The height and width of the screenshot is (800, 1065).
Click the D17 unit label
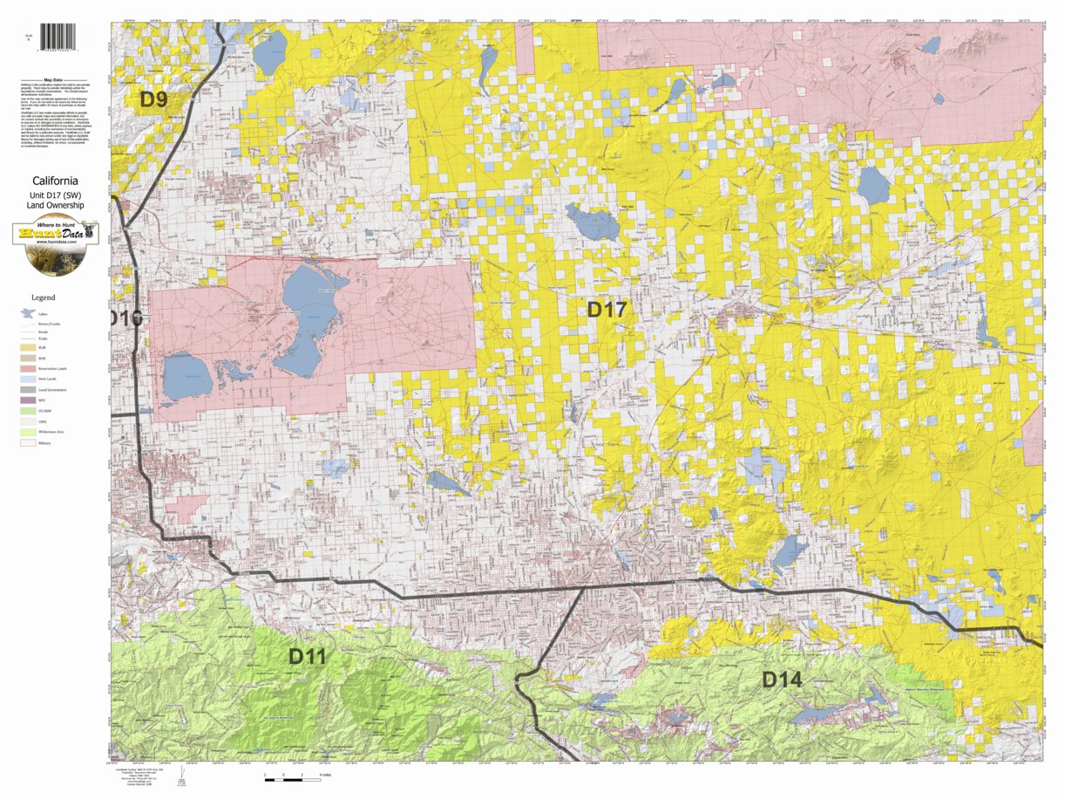click(606, 309)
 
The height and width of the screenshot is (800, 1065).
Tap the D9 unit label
click(153, 99)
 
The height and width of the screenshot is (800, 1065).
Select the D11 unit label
click(307, 656)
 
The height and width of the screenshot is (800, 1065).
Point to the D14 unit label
click(782, 679)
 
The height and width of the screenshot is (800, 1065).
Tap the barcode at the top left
click(58, 36)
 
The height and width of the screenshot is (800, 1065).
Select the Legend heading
click(43, 297)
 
